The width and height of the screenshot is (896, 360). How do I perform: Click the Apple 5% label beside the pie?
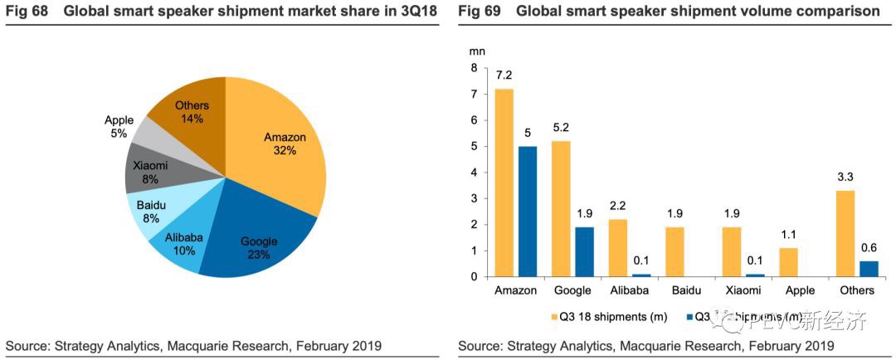119,126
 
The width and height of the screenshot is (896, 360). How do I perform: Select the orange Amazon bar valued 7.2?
504,182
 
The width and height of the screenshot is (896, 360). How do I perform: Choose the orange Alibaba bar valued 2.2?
618,247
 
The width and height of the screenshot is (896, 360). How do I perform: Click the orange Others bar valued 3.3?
847,233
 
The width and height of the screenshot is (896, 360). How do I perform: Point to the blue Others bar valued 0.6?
869,268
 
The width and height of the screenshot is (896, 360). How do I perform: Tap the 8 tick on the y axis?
474,68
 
